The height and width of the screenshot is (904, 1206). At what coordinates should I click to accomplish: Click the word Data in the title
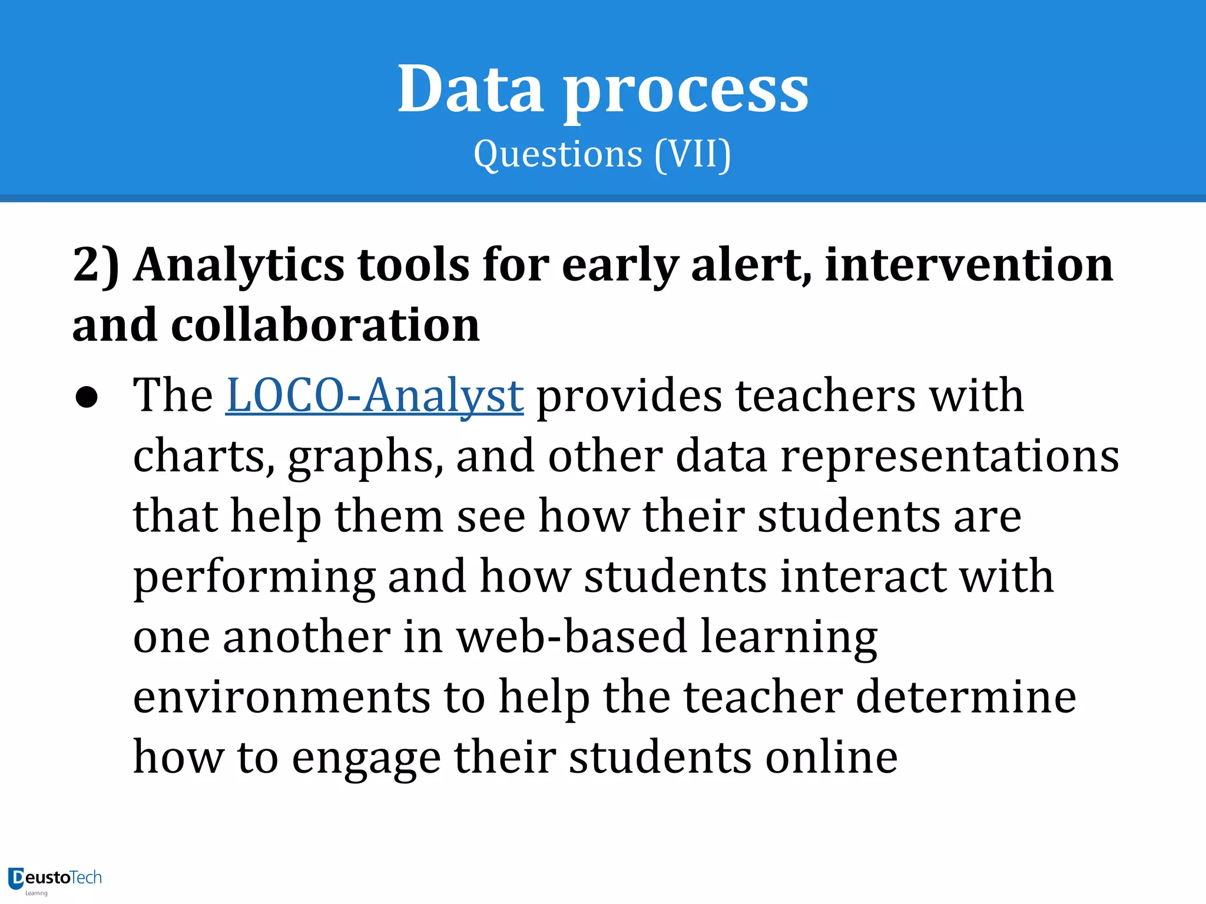pyautogui.click(x=470, y=89)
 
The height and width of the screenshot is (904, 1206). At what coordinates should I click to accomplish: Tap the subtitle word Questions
pyautogui.click(x=558, y=154)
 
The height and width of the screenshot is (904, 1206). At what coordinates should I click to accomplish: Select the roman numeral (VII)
pyautogui.click(x=693, y=154)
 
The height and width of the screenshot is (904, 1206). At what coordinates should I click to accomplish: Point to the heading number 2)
pyautogui.click(x=96, y=265)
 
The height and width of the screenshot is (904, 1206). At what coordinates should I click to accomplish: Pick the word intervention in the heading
pyautogui.click(x=969, y=264)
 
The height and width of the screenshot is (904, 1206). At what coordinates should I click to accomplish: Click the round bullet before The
pyautogui.click(x=87, y=398)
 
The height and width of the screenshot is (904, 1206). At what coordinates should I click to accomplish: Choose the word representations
pyautogui.click(x=949, y=457)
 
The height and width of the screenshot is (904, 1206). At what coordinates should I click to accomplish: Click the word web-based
pyautogui.click(x=572, y=637)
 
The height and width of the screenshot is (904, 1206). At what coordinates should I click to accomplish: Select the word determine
pyautogui.click(x=966, y=697)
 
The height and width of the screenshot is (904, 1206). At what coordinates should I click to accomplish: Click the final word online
pyautogui.click(x=831, y=757)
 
